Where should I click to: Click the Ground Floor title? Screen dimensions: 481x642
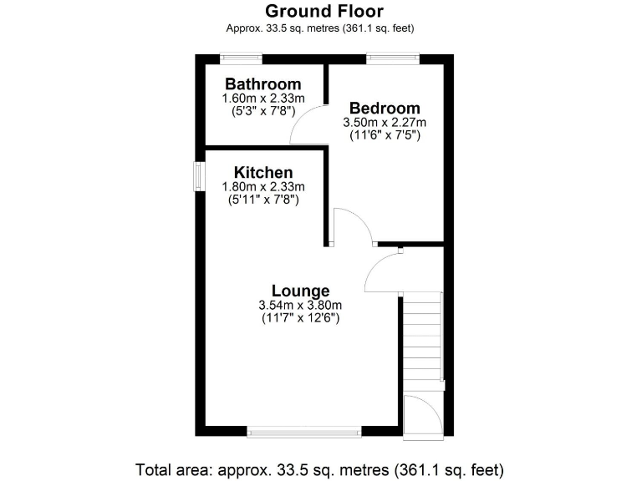[324, 11]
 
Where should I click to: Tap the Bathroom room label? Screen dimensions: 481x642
[262, 84]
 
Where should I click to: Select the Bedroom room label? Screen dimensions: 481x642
[385, 109]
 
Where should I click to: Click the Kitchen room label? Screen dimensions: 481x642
[262, 173]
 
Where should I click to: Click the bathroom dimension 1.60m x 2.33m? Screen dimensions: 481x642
[262, 99]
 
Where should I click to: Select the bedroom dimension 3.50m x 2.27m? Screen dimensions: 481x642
[385, 122]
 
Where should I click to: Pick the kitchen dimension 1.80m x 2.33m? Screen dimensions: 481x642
[262, 186]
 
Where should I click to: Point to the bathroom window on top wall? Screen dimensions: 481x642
[241, 58]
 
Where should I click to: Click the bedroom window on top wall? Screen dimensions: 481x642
[393, 58]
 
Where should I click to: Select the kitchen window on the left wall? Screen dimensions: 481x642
[199, 176]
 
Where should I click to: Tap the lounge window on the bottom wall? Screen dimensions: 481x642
[304, 431]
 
